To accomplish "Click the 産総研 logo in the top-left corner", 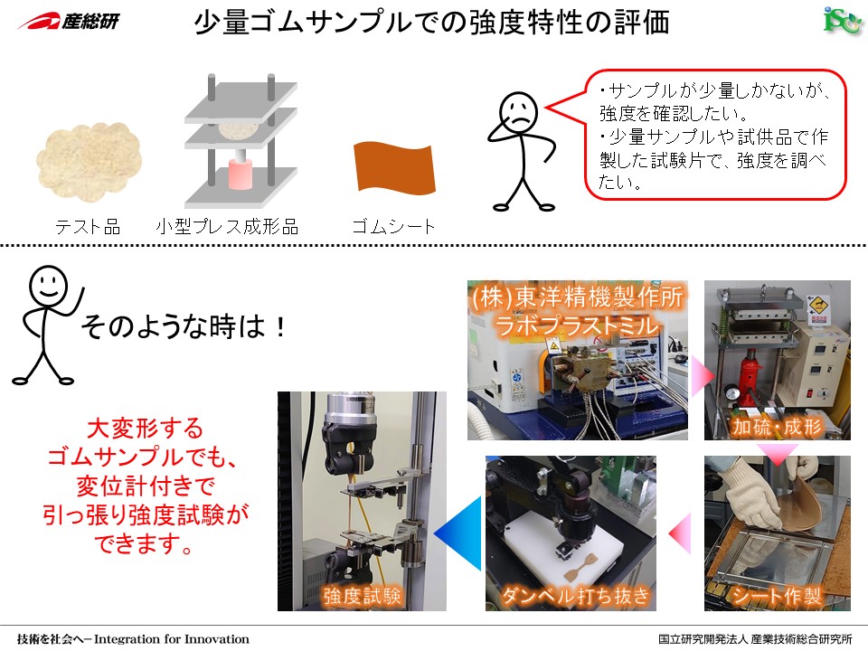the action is pos(68,21).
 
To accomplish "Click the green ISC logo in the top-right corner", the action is pos(842,22).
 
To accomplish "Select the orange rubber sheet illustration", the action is pos(394,167).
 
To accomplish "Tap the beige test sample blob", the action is pos(89,161).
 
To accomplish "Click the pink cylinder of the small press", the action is pos(241,174).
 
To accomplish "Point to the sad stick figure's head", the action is pos(519,110).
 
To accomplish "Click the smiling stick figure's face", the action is pos(49,285).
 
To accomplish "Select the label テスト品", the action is pos(88,226).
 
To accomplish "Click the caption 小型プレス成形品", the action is pos(227,226).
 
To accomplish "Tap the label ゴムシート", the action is pos(393,226).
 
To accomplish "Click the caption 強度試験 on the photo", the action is pos(362,596).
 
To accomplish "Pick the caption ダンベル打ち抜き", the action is pos(575,596).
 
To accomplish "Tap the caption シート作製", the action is pos(776,596).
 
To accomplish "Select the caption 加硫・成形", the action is pos(778,426).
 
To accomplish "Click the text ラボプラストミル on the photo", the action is pos(577,325).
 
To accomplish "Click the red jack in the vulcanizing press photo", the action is pos(751,376).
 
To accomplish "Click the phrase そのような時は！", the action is pos(184,326).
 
